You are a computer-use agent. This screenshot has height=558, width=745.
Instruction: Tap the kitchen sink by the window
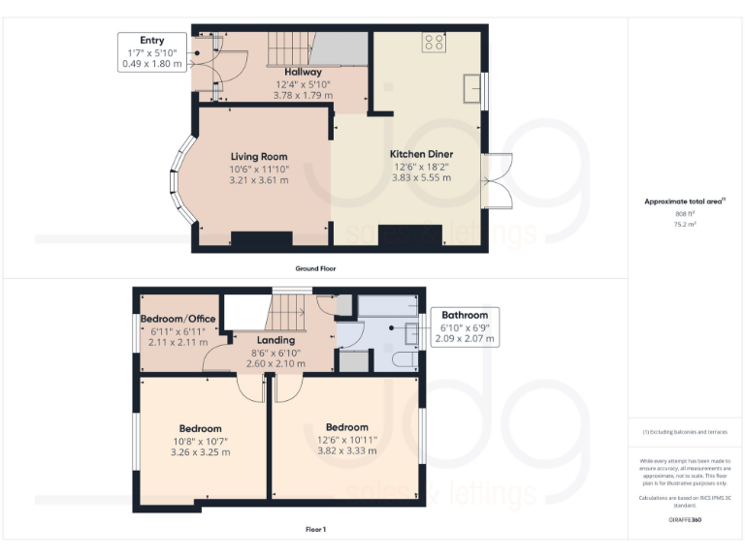[x=472, y=88]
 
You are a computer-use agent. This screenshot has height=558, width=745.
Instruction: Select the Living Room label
[x=259, y=156]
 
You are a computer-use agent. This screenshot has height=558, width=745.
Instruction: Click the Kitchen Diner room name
[x=421, y=154]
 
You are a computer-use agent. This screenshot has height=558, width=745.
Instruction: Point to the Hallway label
[x=303, y=73]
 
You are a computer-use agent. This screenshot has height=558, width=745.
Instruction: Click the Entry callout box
[x=151, y=52]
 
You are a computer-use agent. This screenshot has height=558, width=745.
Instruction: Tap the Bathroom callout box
[x=465, y=327]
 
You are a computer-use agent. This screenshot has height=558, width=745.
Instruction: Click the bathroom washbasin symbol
[x=412, y=332]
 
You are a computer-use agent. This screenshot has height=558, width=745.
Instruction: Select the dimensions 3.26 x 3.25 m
[x=200, y=451]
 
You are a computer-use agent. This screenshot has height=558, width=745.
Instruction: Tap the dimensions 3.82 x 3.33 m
[x=346, y=450]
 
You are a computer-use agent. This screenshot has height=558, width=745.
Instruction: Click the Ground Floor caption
[x=316, y=267]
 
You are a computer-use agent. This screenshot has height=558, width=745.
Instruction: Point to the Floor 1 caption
[x=315, y=529]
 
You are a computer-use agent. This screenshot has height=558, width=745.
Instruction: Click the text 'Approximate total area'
[x=684, y=201]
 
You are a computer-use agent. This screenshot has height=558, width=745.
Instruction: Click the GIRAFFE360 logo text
[x=685, y=520]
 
